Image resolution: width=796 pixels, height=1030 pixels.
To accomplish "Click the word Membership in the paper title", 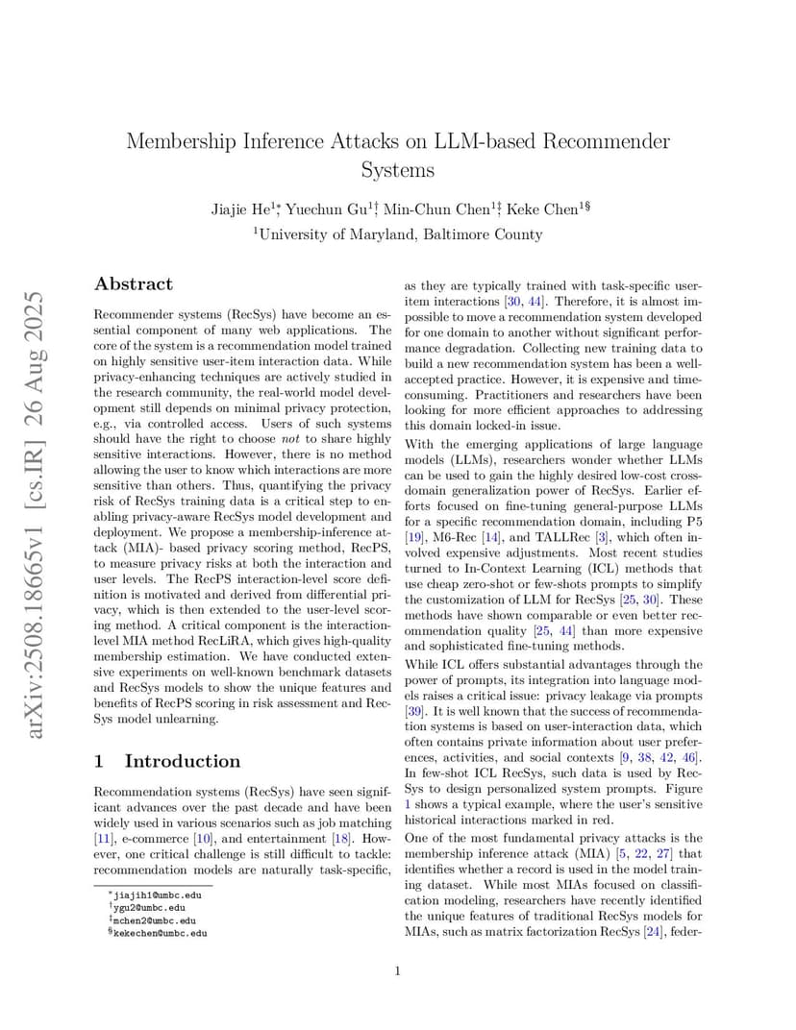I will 188,141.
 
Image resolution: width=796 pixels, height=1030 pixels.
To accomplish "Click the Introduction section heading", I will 182,761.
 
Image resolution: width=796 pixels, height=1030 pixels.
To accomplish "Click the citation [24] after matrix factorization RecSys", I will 654,931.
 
